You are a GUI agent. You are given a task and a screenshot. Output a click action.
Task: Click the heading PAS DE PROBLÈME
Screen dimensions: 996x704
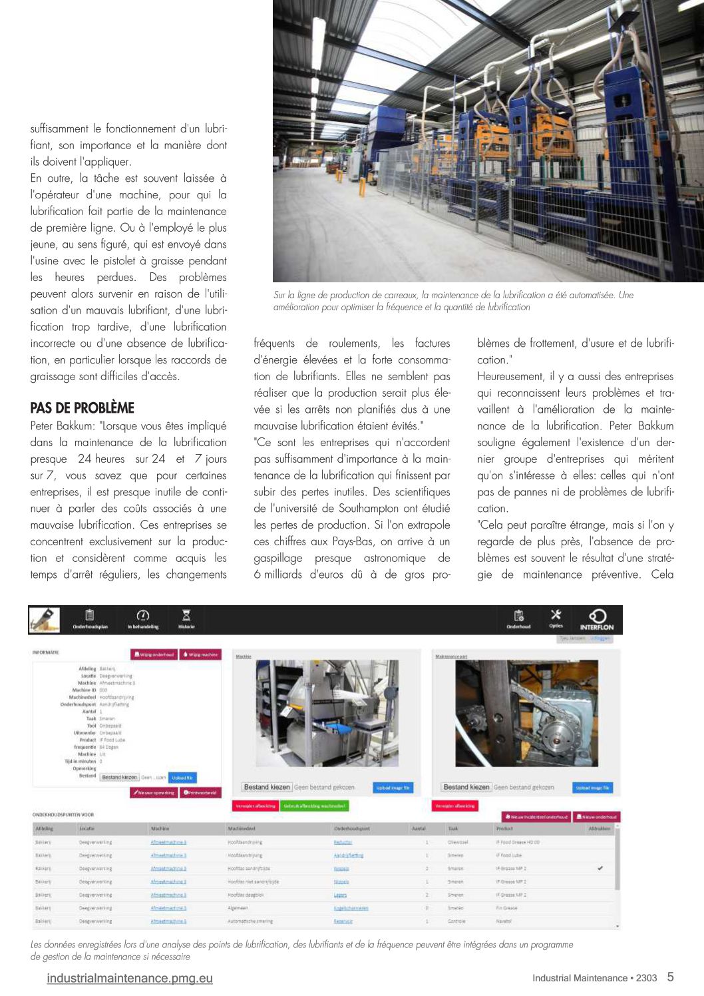pos(83,407)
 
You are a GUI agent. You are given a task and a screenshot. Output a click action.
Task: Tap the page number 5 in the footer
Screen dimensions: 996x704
pos(670,977)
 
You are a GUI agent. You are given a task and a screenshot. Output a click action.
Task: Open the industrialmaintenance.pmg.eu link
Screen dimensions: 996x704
pos(130,978)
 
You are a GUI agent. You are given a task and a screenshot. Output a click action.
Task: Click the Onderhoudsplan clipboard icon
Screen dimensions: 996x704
pos(90,616)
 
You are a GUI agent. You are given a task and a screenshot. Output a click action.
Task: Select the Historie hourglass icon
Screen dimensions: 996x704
pos(186,616)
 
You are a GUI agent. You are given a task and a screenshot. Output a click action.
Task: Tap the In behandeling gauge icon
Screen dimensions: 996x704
pos(143,616)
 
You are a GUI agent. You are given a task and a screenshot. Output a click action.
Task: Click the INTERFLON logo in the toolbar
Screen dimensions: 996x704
pos(597,619)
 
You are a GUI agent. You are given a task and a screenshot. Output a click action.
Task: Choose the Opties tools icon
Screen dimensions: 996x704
pos(556,616)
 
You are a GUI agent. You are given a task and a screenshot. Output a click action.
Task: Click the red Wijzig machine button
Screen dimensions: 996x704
pos(200,654)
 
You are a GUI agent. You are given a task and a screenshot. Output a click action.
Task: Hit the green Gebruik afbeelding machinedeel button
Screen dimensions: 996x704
pos(315,806)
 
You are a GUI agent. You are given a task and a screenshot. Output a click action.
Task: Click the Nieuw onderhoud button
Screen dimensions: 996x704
pos(597,816)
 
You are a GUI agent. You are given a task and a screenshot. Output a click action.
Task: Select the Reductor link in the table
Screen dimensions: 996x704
pos(343,842)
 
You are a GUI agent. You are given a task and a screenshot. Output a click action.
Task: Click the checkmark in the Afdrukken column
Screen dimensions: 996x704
pos(600,868)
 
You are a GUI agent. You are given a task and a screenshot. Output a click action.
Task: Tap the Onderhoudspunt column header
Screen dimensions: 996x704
pos(352,829)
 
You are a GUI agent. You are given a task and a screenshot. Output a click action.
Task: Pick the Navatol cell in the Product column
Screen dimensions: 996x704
pos(504,921)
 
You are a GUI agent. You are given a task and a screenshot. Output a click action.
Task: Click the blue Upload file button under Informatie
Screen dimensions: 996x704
pos(183,777)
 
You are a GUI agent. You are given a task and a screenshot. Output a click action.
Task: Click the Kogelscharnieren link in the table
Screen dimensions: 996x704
pos(351,908)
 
